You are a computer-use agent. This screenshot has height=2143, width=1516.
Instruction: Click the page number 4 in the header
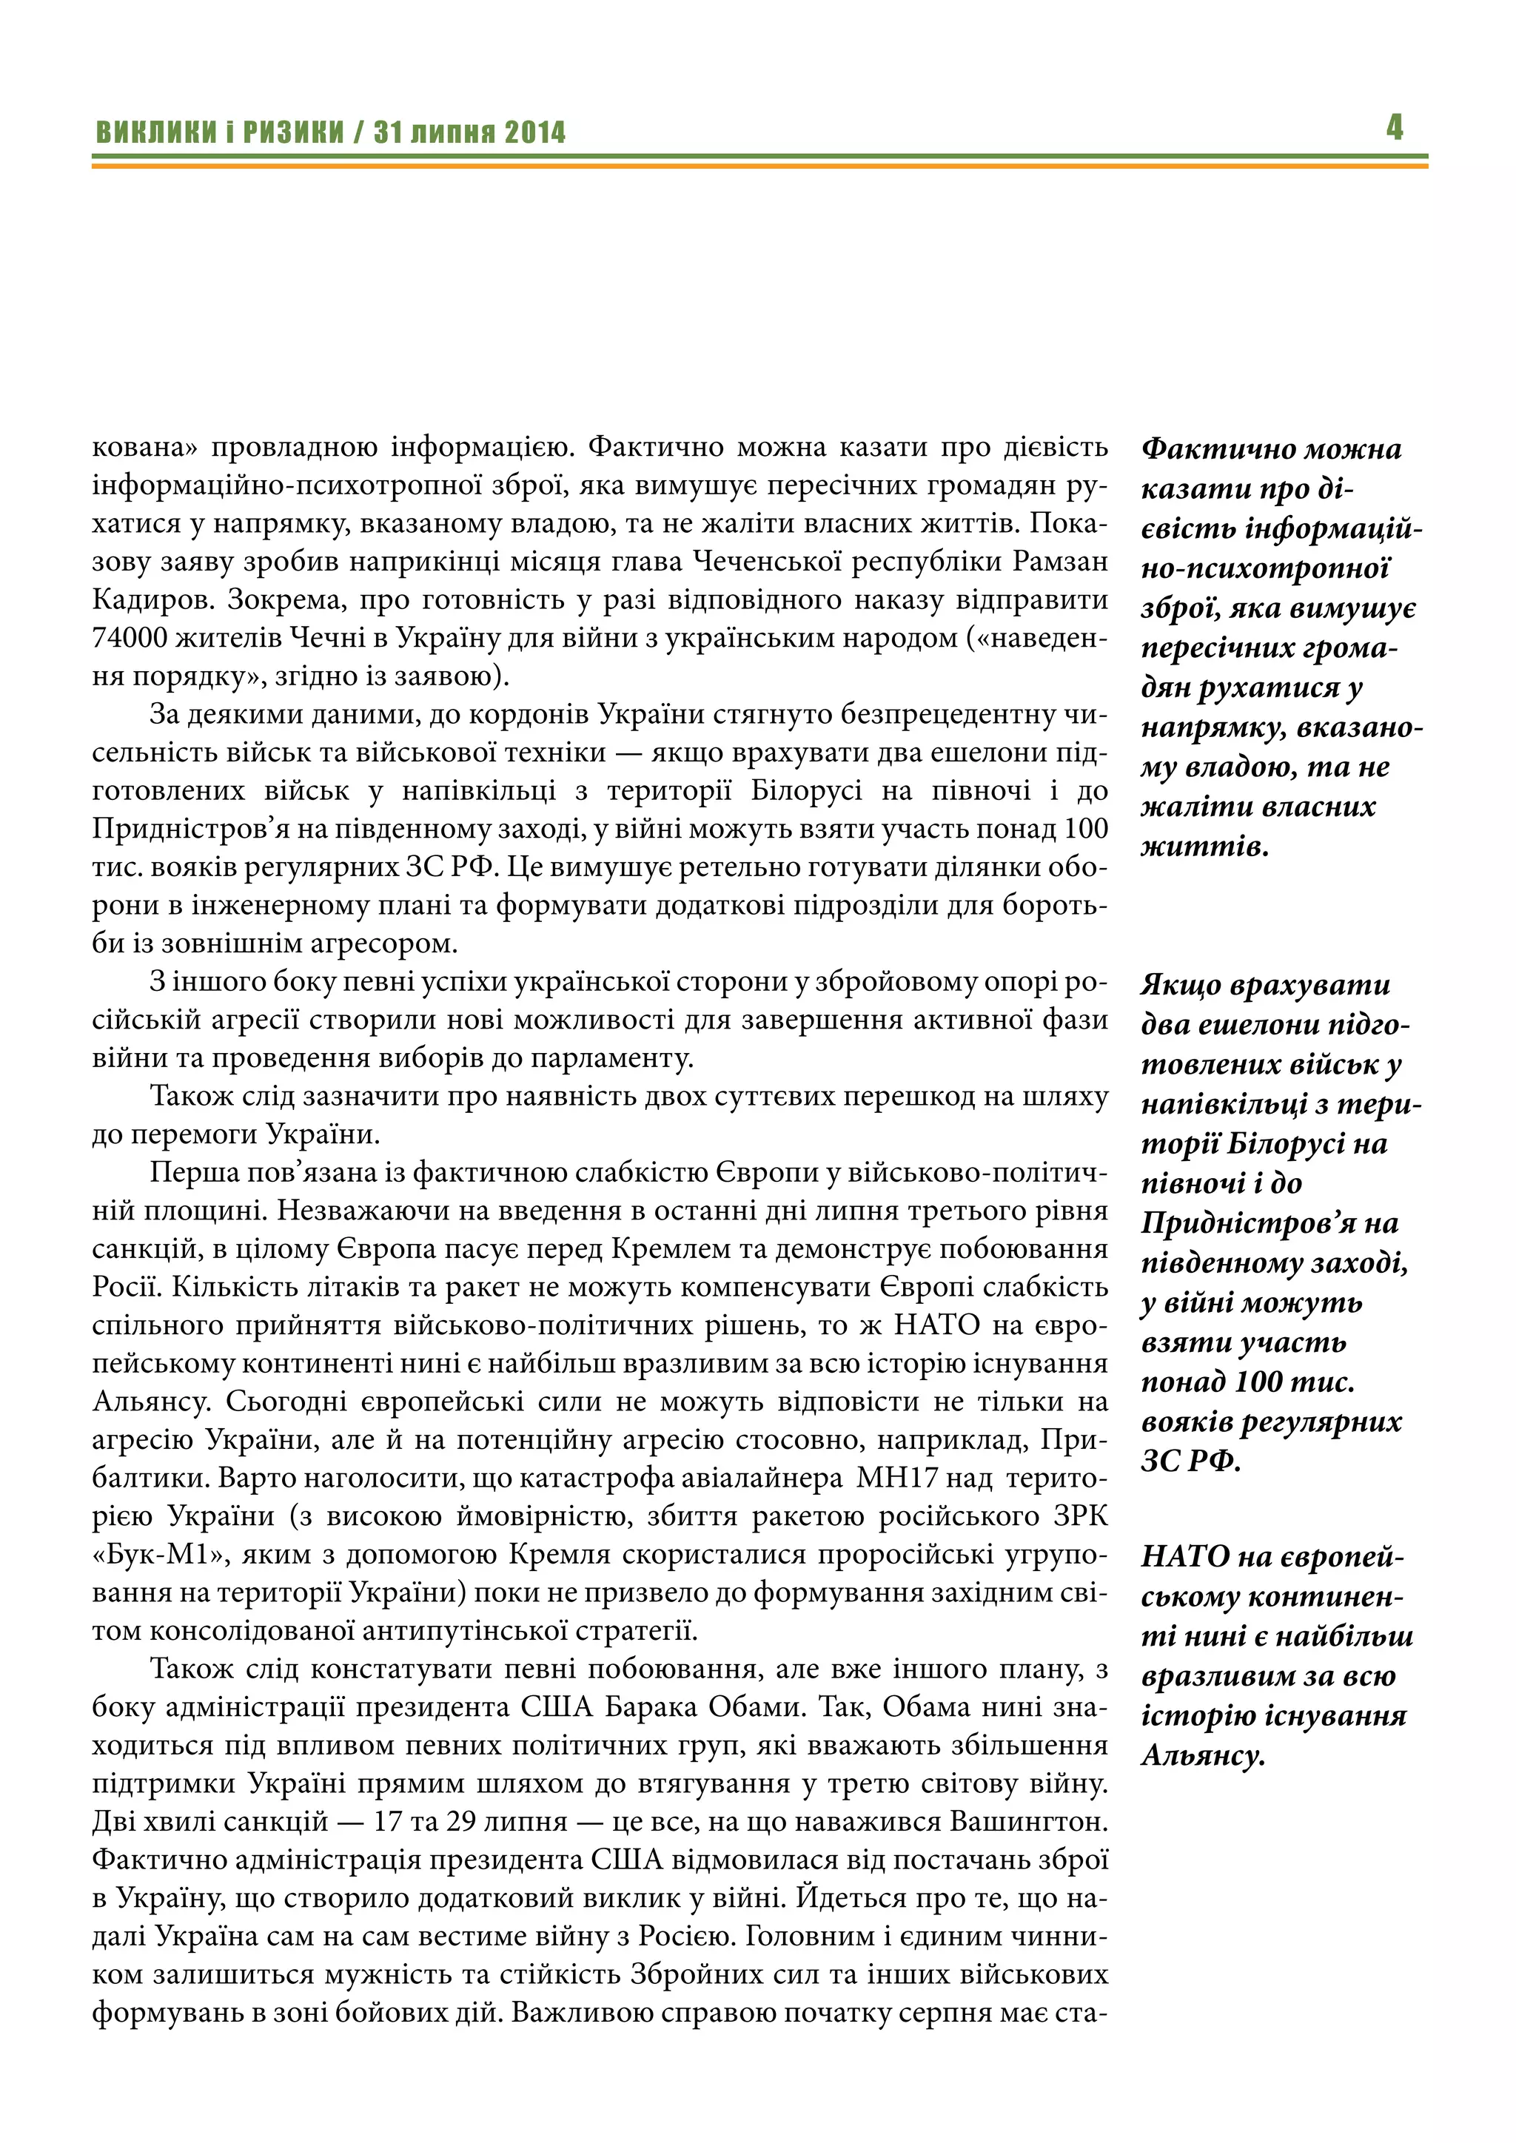(1394, 127)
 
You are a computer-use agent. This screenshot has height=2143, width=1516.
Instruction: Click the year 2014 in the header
(535, 132)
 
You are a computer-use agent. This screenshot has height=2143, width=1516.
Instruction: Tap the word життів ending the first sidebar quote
(1204, 847)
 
